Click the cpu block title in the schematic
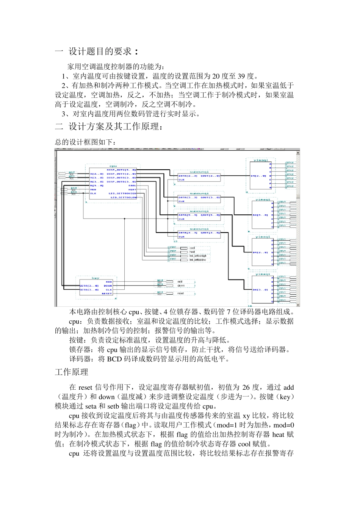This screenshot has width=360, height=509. (x=113, y=166)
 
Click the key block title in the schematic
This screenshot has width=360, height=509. (x=95, y=278)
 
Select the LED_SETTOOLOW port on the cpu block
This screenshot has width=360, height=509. (x=123, y=197)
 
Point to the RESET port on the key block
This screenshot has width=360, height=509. (x=107, y=294)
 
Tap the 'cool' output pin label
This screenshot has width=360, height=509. (x=192, y=248)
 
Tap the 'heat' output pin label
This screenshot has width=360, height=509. (x=192, y=252)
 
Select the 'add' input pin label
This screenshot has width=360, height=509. (x=180, y=281)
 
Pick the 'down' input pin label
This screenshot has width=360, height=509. (x=181, y=285)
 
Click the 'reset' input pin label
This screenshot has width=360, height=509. (x=180, y=294)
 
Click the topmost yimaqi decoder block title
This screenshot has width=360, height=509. (x=261, y=161)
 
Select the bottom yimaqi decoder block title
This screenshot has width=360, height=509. (x=263, y=274)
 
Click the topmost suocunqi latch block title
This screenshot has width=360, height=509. (x=199, y=172)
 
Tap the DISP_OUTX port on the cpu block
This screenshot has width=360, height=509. (x=121, y=170)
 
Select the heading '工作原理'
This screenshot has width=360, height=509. (x=72, y=372)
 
